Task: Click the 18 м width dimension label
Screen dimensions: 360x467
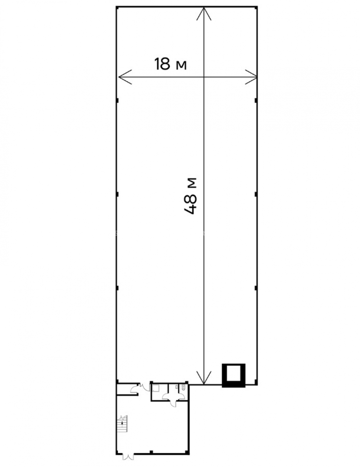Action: [170, 64]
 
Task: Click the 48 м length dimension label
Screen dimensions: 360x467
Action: [190, 196]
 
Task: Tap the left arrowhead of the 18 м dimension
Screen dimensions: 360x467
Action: [125, 77]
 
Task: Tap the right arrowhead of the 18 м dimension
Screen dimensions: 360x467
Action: [251, 77]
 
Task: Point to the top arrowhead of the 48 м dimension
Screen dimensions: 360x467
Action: [204, 14]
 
